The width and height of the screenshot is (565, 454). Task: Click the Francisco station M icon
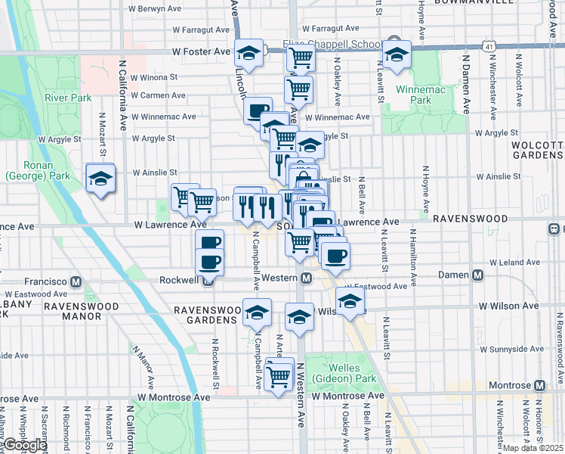click(x=76, y=281)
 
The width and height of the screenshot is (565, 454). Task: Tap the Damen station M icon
click(x=477, y=275)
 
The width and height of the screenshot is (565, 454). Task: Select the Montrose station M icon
click(x=539, y=385)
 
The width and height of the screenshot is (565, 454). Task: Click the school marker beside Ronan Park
click(x=100, y=179)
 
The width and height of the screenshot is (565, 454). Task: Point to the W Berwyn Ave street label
click(x=155, y=9)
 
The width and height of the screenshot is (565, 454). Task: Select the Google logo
click(x=24, y=445)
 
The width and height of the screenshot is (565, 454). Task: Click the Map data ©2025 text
click(x=533, y=448)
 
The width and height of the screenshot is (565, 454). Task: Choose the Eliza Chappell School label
click(x=331, y=43)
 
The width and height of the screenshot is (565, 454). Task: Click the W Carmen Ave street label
click(x=159, y=95)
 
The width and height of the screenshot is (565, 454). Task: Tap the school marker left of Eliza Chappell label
click(x=248, y=53)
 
